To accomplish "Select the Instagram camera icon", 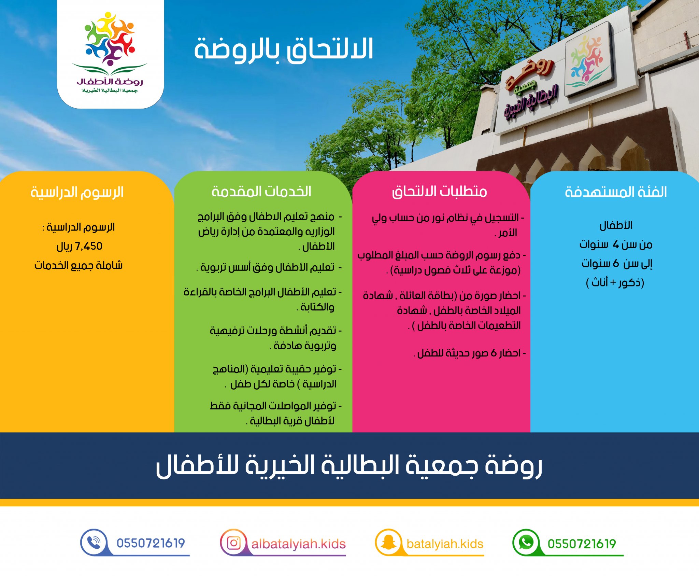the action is point(234,543).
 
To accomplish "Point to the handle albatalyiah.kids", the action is point(299,544).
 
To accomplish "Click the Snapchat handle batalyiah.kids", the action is point(445,544).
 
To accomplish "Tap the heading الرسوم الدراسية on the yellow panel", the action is point(77,192).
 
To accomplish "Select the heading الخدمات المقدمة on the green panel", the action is point(261,192).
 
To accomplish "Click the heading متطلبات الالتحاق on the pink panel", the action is point(439,192).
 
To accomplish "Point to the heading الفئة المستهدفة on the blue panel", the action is point(616,192).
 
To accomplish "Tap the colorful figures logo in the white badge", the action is point(110,39).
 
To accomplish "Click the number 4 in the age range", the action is point(615,244).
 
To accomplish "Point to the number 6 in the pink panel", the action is point(494,353).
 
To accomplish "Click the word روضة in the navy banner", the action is point(514,466).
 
